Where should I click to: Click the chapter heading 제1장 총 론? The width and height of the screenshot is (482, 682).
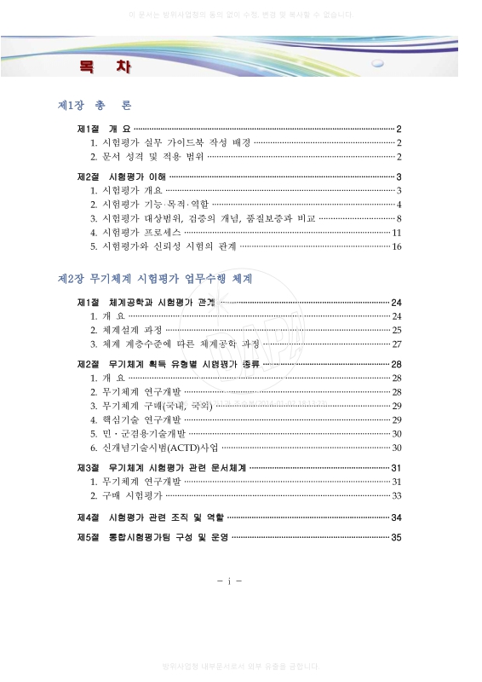click(94, 106)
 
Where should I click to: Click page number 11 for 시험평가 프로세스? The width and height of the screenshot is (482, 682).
click(396, 233)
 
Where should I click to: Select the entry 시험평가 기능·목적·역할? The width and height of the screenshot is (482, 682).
click(155, 205)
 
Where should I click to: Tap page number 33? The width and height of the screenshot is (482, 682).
click(396, 495)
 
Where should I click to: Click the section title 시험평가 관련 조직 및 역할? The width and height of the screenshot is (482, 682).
click(166, 517)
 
